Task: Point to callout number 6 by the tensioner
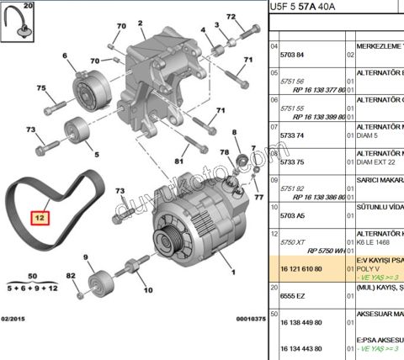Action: (62, 57)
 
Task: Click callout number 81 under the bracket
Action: (179, 160)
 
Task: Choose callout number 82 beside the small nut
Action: (71, 275)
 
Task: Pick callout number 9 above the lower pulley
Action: (87, 256)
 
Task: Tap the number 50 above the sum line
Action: (31, 277)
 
